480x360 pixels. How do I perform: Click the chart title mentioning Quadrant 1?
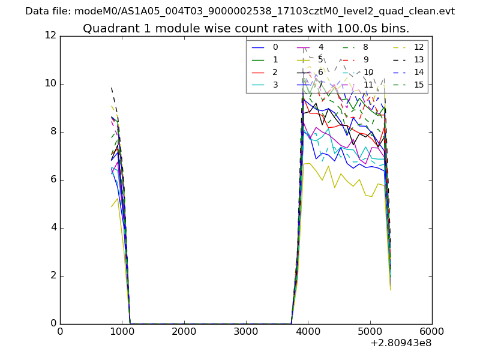point(246,28)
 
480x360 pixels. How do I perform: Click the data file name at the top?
point(240,11)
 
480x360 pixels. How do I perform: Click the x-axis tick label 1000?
point(122,331)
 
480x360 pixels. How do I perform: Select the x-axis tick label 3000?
point(246,331)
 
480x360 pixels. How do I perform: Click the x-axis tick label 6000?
point(432,331)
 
